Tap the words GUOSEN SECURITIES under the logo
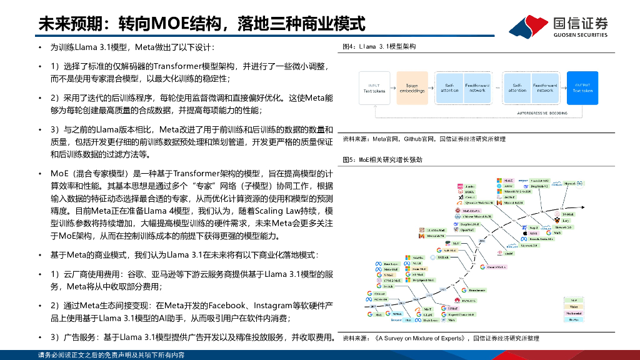(x=580, y=35)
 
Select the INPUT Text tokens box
(x=374, y=87)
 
